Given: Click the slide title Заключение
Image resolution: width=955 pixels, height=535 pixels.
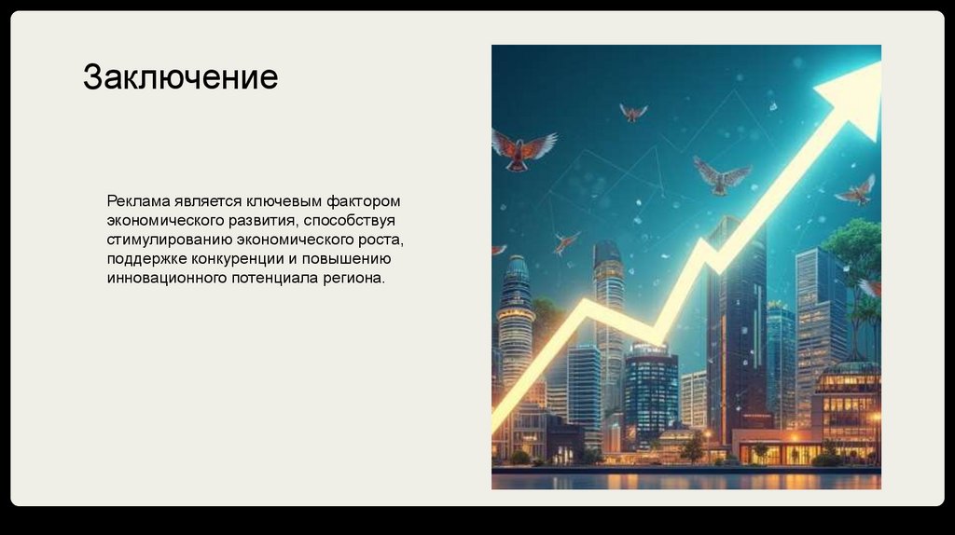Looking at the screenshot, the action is click(x=180, y=77).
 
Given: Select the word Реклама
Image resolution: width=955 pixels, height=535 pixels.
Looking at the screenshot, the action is click(x=138, y=200).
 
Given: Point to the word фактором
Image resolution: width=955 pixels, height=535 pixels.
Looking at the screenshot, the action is click(x=364, y=202).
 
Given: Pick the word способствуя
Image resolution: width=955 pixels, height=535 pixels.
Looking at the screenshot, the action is click(x=349, y=220).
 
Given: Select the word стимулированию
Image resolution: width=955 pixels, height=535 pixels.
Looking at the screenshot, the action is click(x=170, y=240).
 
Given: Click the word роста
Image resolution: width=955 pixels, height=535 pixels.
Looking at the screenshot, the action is click(x=381, y=240).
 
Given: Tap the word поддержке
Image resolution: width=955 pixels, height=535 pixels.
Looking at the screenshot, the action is click(x=146, y=259).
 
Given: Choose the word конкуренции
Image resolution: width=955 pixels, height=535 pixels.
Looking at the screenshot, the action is click(x=237, y=259).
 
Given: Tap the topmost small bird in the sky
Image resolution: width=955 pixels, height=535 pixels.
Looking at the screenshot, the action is click(x=633, y=112).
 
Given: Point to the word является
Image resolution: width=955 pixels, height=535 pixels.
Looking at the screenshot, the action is click(x=208, y=201).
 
